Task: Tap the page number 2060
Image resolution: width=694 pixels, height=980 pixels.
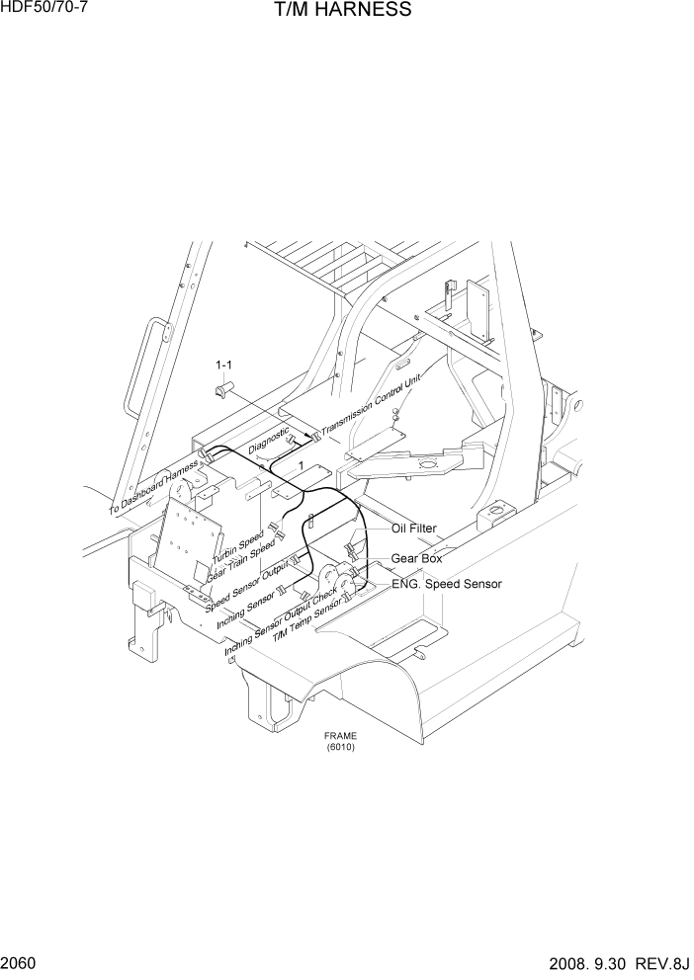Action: [x=20, y=961]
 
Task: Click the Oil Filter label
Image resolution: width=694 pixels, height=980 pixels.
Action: [x=413, y=530]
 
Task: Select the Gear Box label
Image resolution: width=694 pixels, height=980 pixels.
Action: [x=416, y=558]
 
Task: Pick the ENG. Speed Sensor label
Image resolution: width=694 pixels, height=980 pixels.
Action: [x=446, y=584]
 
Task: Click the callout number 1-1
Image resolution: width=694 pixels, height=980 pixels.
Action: [x=224, y=366]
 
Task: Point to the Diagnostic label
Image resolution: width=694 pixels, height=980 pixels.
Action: [x=269, y=440]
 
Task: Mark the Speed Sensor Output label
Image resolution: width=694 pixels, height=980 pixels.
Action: [x=247, y=589]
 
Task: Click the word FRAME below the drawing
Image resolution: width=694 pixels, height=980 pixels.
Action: [x=340, y=736]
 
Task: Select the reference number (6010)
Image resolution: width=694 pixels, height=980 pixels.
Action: [x=340, y=747]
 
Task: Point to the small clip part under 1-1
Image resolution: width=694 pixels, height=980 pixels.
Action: [x=223, y=387]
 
